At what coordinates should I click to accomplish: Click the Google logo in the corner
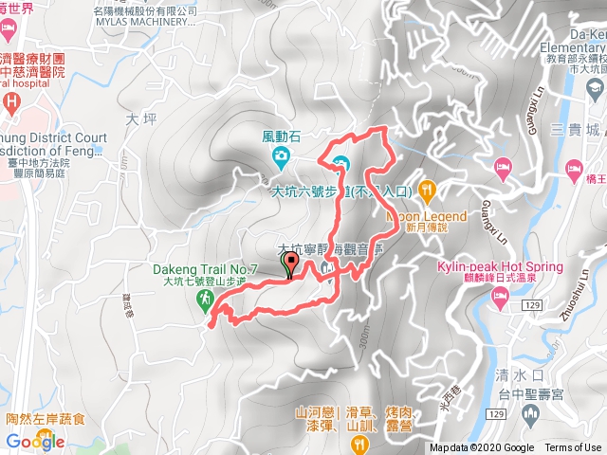(34, 441)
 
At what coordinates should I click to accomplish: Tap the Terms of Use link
(572, 448)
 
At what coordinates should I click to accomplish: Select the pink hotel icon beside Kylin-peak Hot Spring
(500, 300)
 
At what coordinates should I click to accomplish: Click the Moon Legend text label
(427, 216)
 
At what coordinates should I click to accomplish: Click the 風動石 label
(281, 136)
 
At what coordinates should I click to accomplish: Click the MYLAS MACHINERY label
(146, 23)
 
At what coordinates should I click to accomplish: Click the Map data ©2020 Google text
(482, 448)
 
